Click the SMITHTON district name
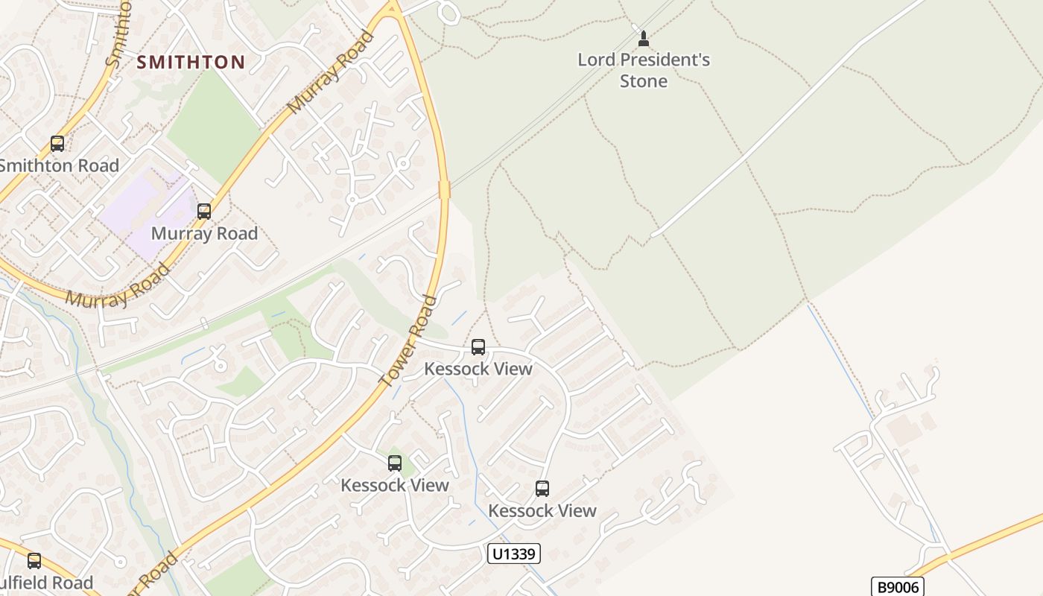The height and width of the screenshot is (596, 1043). point(191,62)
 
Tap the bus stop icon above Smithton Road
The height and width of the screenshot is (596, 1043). point(57,144)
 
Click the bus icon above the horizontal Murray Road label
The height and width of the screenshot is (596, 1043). point(204,212)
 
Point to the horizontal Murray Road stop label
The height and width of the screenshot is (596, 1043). point(204,233)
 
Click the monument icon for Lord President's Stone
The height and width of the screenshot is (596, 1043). point(644,38)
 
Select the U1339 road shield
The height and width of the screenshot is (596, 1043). point(513,553)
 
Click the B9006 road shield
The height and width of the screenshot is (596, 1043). point(897,587)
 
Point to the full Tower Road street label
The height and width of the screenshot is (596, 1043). point(408,341)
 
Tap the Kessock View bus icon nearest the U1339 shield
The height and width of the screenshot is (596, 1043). point(542,489)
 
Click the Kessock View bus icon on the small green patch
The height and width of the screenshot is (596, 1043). point(395,463)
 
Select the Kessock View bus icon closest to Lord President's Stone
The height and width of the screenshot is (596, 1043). point(478,347)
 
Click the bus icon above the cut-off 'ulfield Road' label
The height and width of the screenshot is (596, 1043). point(34,561)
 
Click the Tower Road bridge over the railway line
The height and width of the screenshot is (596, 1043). point(445,189)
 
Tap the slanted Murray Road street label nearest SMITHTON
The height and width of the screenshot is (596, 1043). point(330,72)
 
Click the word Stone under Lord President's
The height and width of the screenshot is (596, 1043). point(644,80)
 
